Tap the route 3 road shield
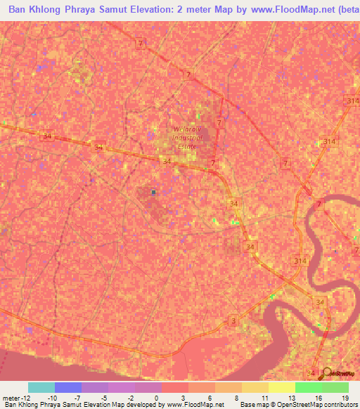233,320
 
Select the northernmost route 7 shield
141,44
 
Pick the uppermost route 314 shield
352,102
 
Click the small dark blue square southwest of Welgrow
153,191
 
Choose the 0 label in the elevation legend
155,397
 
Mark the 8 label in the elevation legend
236,397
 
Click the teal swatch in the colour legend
41,387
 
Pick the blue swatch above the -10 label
68,387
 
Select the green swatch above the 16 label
309,387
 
